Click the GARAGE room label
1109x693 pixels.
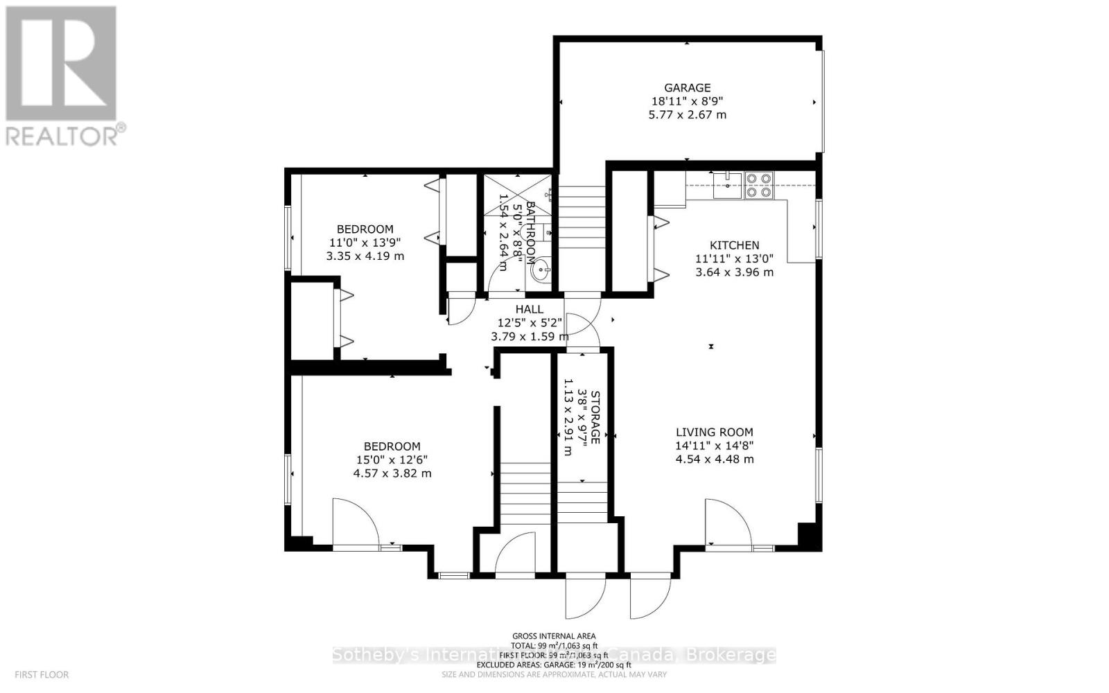pyautogui.click(x=687, y=88)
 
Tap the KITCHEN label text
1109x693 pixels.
pyautogui.click(x=734, y=245)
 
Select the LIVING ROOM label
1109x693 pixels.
pyautogui.click(x=715, y=432)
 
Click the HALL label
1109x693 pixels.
pyautogui.click(x=529, y=310)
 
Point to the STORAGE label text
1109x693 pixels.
pyautogui.click(x=595, y=416)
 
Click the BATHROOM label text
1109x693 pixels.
pyautogui.click(x=530, y=233)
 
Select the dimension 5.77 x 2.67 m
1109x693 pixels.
pyautogui.click(x=687, y=115)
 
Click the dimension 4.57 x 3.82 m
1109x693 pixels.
pyautogui.click(x=392, y=474)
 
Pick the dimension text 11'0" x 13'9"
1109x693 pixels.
pyautogui.click(x=365, y=243)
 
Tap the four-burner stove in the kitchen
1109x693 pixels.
pyautogui.click(x=758, y=186)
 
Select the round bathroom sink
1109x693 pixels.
pyautogui.click(x=540, y=272)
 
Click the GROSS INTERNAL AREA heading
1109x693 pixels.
pyautogui.click(x=554, y=636)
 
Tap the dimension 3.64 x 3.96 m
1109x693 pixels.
pyautogui.click(x=734, y=272)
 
